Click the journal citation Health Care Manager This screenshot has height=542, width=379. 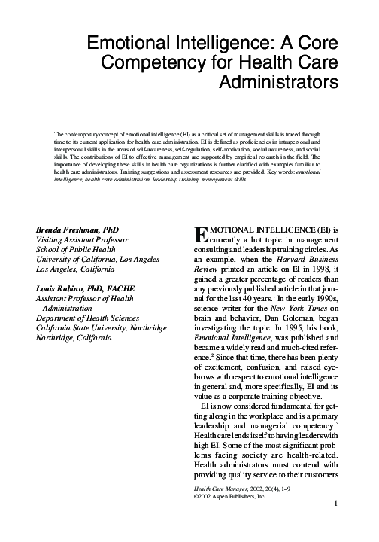click(216, 488)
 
